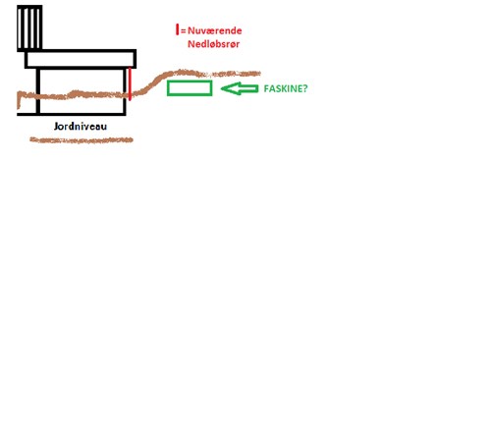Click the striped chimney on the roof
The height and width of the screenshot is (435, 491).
click(29, 28)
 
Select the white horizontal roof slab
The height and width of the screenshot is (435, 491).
click(81, 59)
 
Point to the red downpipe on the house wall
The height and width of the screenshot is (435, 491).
click(130, 83)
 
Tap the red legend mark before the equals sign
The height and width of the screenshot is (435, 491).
click(178, 29)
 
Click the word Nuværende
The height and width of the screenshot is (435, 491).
click(215, 30)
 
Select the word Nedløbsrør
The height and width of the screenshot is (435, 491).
click(214, 44)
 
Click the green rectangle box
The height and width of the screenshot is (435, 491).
click(190, 88)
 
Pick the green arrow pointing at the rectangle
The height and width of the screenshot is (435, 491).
click(240, 88)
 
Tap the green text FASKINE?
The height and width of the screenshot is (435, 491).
click(286, 88)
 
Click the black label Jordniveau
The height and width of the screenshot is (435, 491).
click(81, 127)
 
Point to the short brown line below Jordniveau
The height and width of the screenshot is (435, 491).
click(82, 140)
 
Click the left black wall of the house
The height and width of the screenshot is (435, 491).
click(38, 91)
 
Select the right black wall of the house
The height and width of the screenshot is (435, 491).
click(125, 91)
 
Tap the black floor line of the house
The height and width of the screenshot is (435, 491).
click(72, 114)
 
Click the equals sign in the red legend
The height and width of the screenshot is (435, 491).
click(184, 31)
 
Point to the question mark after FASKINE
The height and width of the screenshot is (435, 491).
click(305, 88)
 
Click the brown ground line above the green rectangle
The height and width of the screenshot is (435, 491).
click(190, 73)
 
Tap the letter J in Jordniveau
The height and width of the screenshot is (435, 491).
click(56, 127)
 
